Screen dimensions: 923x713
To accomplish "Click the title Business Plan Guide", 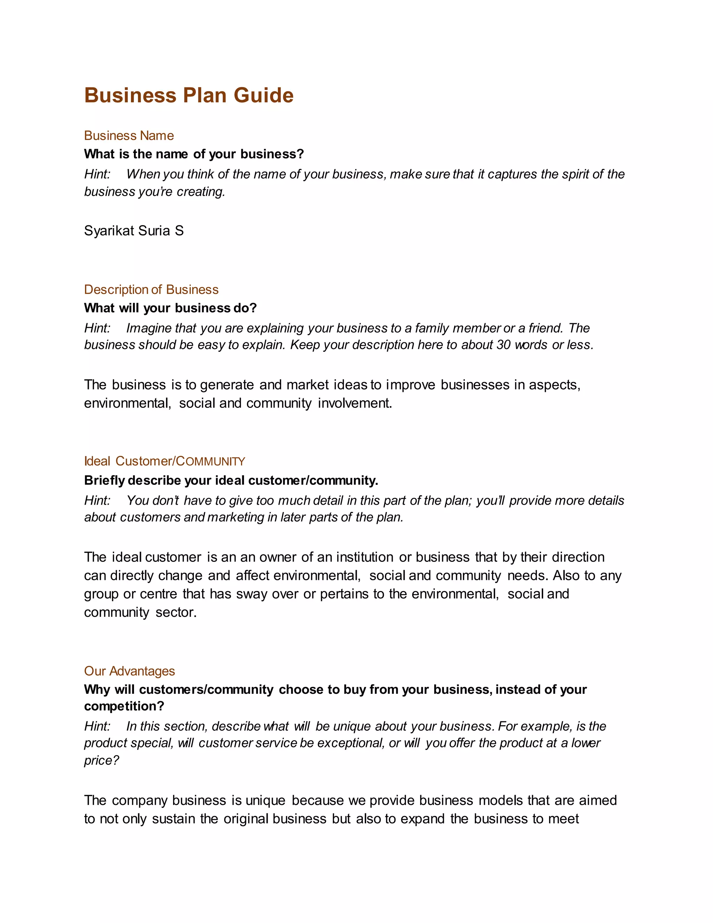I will (189, 95).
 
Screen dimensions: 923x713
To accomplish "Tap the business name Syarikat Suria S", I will (134, 231).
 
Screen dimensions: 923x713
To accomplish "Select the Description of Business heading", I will (151, 289).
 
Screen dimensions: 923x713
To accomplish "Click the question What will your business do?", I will (170, 308).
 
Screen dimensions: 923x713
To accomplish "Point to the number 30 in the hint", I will (503, 345).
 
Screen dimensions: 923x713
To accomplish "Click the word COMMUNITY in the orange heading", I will (210, 461).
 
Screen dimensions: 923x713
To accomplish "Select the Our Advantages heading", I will (129, 671).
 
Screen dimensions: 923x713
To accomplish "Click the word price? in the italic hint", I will (101, 760).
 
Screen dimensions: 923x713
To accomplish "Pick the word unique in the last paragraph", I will (265, 800).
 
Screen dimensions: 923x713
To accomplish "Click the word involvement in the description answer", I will (355, 403).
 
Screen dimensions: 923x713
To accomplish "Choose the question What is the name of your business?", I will (194, 154).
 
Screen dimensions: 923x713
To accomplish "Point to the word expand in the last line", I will (422, 819).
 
